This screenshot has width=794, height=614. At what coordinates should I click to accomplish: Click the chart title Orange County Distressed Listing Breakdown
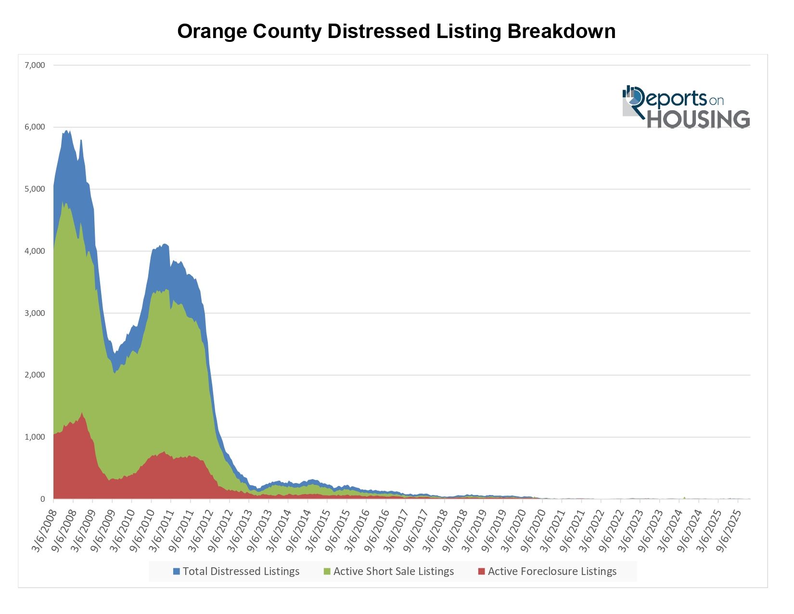[396, 32]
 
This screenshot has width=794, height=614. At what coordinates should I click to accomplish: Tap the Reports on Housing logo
[686, 107]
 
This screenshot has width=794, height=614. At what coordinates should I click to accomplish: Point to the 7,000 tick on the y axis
[35, 65]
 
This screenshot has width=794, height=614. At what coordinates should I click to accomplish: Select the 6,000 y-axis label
[35, 127]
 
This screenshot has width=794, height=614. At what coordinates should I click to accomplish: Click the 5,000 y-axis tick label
[35, 189]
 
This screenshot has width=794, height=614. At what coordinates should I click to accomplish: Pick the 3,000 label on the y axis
[35, 313]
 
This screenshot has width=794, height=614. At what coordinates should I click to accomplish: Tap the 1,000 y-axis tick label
[35, 437]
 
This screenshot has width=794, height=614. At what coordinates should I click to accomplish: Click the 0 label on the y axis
[42, 499]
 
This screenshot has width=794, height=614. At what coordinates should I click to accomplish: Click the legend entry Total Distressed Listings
[241, 572]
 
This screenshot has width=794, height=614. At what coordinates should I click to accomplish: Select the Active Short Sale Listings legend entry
[393, 572]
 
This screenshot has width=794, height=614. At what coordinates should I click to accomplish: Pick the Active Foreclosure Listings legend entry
[552, 572]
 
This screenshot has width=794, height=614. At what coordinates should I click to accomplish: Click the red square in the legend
[481, 572]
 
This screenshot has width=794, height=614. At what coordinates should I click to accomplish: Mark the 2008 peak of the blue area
[67, 131]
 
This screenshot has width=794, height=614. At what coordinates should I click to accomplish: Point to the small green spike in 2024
[684, 497]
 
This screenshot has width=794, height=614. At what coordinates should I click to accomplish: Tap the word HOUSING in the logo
[698, 119]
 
